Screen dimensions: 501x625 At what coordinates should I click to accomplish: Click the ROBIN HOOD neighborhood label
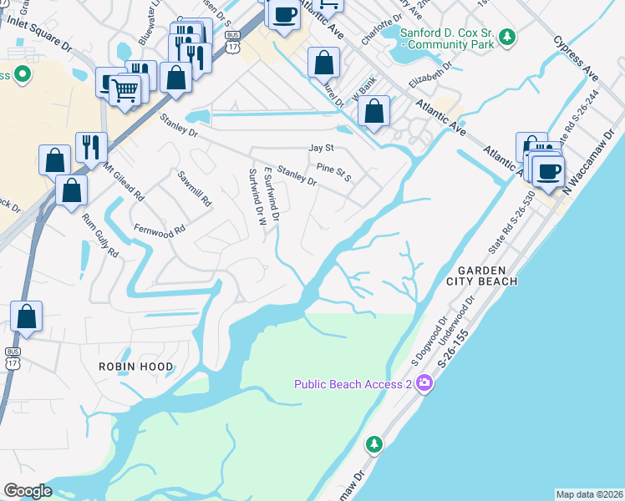pos(136,367)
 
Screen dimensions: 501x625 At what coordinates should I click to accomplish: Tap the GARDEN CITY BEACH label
pos(488,276)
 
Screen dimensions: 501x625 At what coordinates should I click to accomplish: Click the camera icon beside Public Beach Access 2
pos(424,383)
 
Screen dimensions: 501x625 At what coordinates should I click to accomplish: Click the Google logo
pos(28,491)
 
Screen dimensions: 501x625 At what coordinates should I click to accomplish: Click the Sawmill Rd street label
pos(196,190)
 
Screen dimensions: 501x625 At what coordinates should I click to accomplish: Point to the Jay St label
pos(321,148)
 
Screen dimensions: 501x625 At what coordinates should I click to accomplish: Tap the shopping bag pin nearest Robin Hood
pos(27,316)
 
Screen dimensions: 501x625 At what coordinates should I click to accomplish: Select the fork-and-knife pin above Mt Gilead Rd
pos(90,147)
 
